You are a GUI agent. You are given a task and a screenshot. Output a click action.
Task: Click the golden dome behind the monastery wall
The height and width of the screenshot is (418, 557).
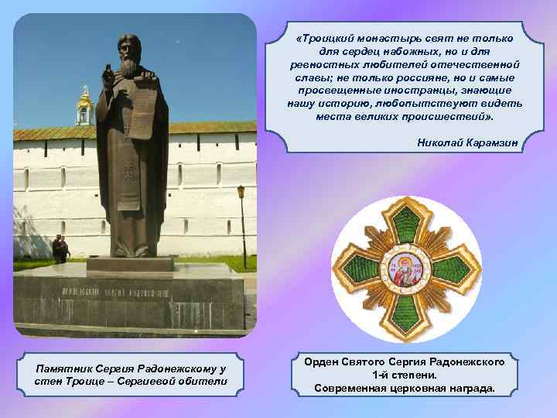coord(84,100)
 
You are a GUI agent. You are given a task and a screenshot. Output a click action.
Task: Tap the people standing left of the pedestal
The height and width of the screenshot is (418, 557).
coord(60,249)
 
